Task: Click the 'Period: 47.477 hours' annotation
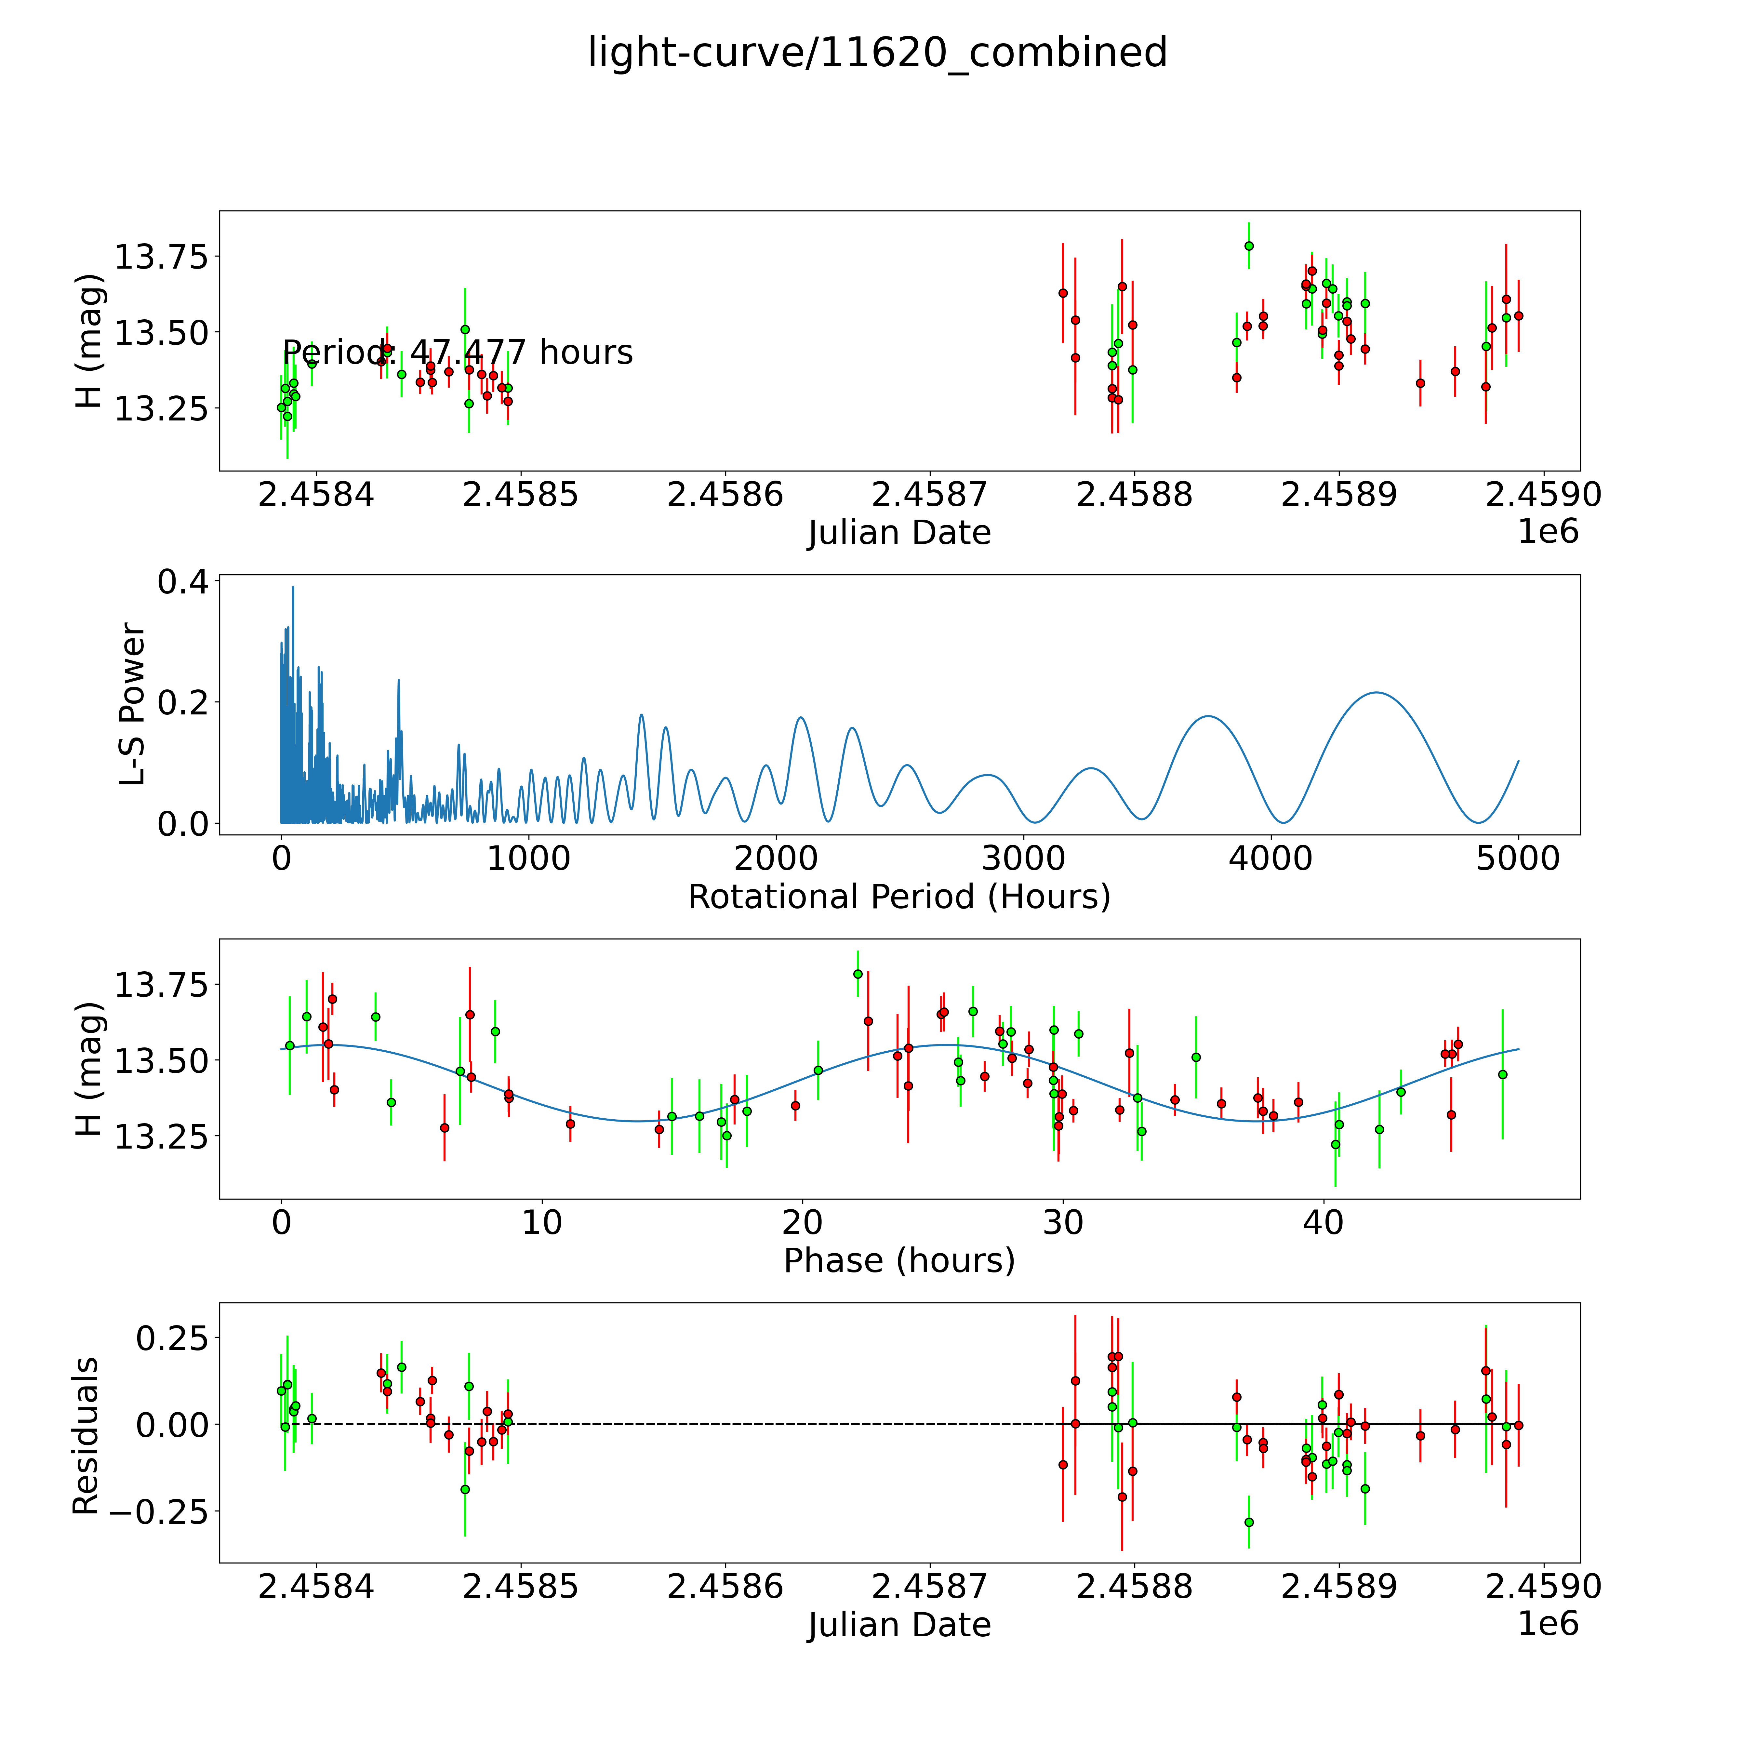[457, 353]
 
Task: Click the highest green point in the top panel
[1249, 246]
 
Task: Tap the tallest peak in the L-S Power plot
[293, 587]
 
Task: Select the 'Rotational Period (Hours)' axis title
[899, 897]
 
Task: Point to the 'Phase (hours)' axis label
[899, 1261]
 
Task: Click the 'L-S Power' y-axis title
[133, 704]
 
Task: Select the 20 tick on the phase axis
[803, 1222]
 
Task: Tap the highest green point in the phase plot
[857, 973]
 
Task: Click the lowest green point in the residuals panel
[1249, 1522]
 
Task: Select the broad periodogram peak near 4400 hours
[1378, 693]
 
